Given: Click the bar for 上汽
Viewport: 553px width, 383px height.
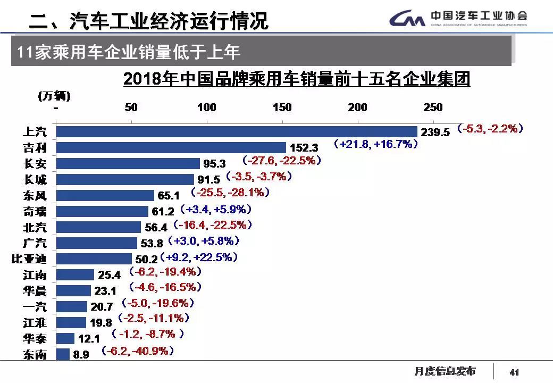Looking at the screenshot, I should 237,131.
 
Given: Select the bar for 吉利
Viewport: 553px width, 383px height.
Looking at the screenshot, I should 171,147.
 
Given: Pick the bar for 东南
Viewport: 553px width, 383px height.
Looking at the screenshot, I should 63,354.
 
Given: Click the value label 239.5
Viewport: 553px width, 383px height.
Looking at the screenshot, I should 435,132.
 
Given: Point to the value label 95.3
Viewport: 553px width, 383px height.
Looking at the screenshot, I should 215,164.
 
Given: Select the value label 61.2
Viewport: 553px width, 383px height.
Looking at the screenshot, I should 163,212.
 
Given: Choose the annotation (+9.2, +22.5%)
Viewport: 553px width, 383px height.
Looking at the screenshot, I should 199,257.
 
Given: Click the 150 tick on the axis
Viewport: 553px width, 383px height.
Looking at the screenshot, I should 282,107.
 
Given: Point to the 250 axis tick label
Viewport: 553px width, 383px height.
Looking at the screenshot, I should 433,107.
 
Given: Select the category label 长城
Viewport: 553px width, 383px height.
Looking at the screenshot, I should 35,180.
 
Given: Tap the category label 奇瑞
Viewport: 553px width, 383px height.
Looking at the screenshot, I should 35,212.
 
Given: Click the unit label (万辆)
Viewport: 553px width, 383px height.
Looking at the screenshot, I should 54,96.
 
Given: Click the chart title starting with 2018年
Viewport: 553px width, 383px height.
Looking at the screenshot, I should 297,79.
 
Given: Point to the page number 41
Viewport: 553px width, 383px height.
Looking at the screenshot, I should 514,372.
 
